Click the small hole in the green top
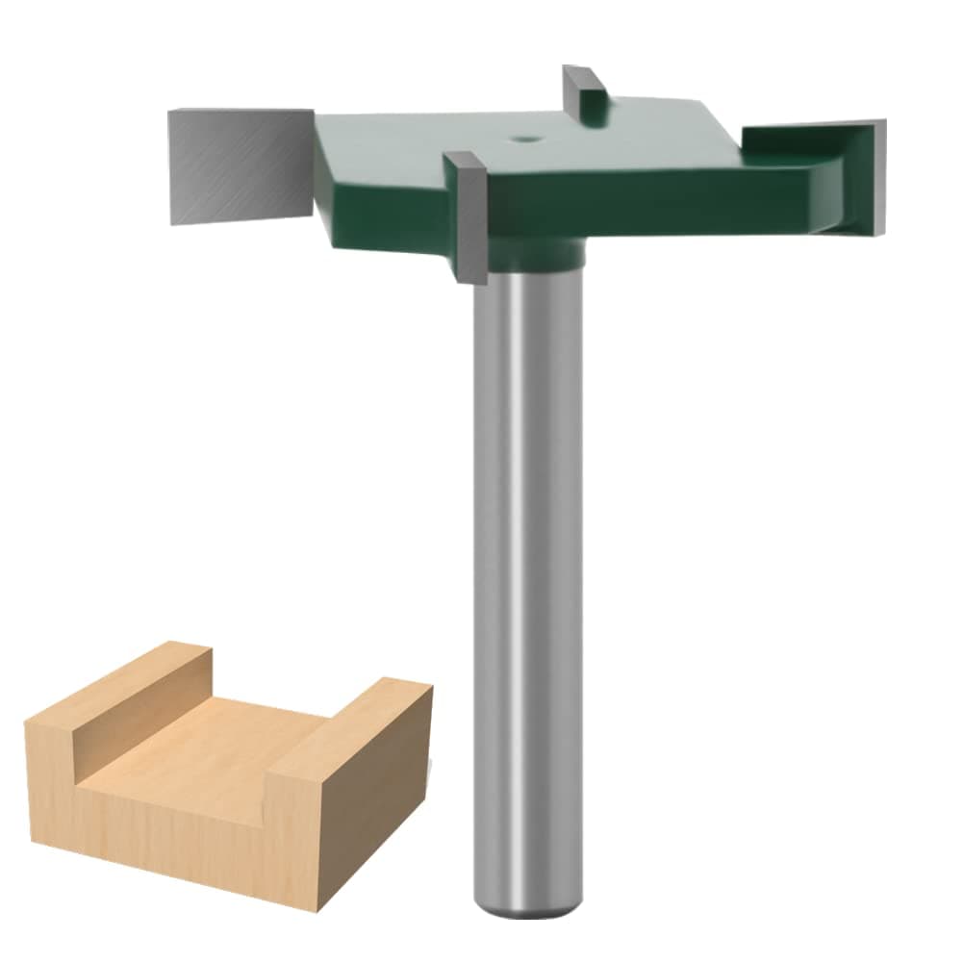tap(525, 139)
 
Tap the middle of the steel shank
tap(527, 577)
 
